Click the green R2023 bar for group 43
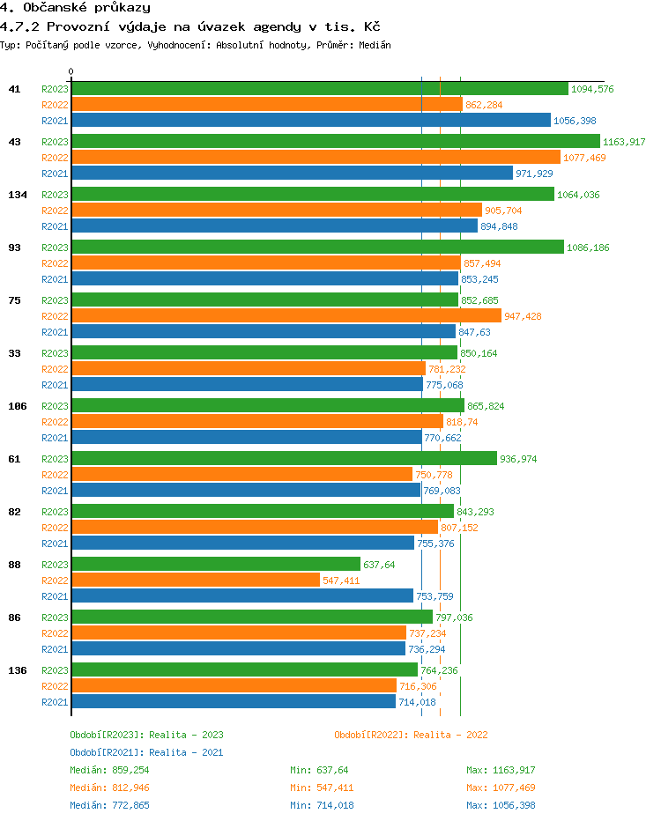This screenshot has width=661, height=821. [x=335, y=141]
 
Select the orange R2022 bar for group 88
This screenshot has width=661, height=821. [x=196, y=580]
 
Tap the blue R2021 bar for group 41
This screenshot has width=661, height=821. [x=311, y=120]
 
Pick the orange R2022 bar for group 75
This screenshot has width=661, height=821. [x=286, y=315]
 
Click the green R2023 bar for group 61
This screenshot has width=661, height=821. [x=284, y=458]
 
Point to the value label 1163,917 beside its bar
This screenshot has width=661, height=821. [x=624, y=142]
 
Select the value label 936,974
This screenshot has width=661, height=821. [x=518, y=459]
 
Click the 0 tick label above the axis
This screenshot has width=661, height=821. [x=71, y=71]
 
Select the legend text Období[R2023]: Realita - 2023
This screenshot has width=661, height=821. [x=146, y=735]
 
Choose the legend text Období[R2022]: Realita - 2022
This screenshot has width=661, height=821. [x=411, y=735]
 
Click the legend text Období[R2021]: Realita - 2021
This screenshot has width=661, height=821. [x=146, y=752]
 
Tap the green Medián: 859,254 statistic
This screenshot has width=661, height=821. [x=110, y=770]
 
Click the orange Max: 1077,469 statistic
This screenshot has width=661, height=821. [x=501, y=788]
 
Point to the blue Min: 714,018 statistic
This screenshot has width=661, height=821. [x=322, y=805]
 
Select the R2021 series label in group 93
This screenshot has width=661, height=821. [x=55, y=279]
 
